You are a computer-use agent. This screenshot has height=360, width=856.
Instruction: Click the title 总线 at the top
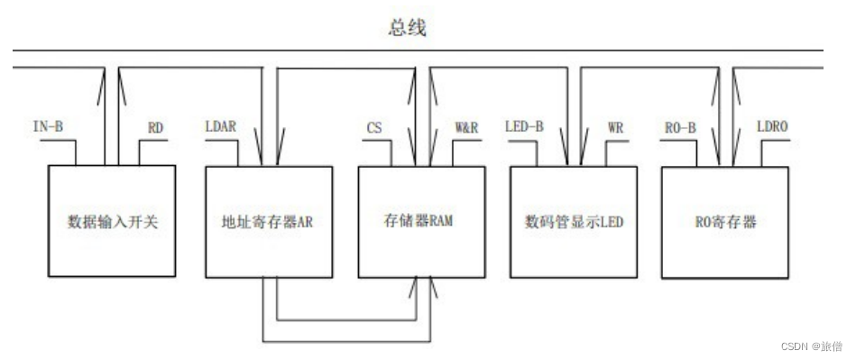tap(406, 28)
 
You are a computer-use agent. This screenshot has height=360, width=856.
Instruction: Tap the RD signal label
tap(155, 128)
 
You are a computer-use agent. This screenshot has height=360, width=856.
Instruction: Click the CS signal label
tap(373, 128)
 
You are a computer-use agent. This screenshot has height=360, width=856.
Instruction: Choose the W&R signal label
tap(466, 128)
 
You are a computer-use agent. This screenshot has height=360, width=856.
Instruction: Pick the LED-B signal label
tap(524, 127)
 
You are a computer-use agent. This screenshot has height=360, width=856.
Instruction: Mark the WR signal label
tap(616, 128)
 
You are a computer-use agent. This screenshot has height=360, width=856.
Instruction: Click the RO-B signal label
tap(677, 127)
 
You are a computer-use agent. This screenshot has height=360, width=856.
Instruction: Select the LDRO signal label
tap(772, 128)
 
